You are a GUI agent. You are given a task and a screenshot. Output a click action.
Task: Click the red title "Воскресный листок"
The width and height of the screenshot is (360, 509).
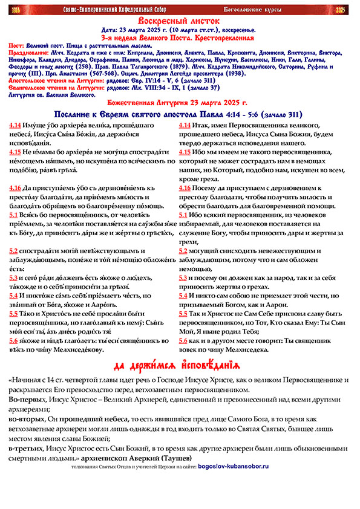(180, 21)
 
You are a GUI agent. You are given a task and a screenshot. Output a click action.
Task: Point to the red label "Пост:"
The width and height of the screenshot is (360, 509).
(19, 45)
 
